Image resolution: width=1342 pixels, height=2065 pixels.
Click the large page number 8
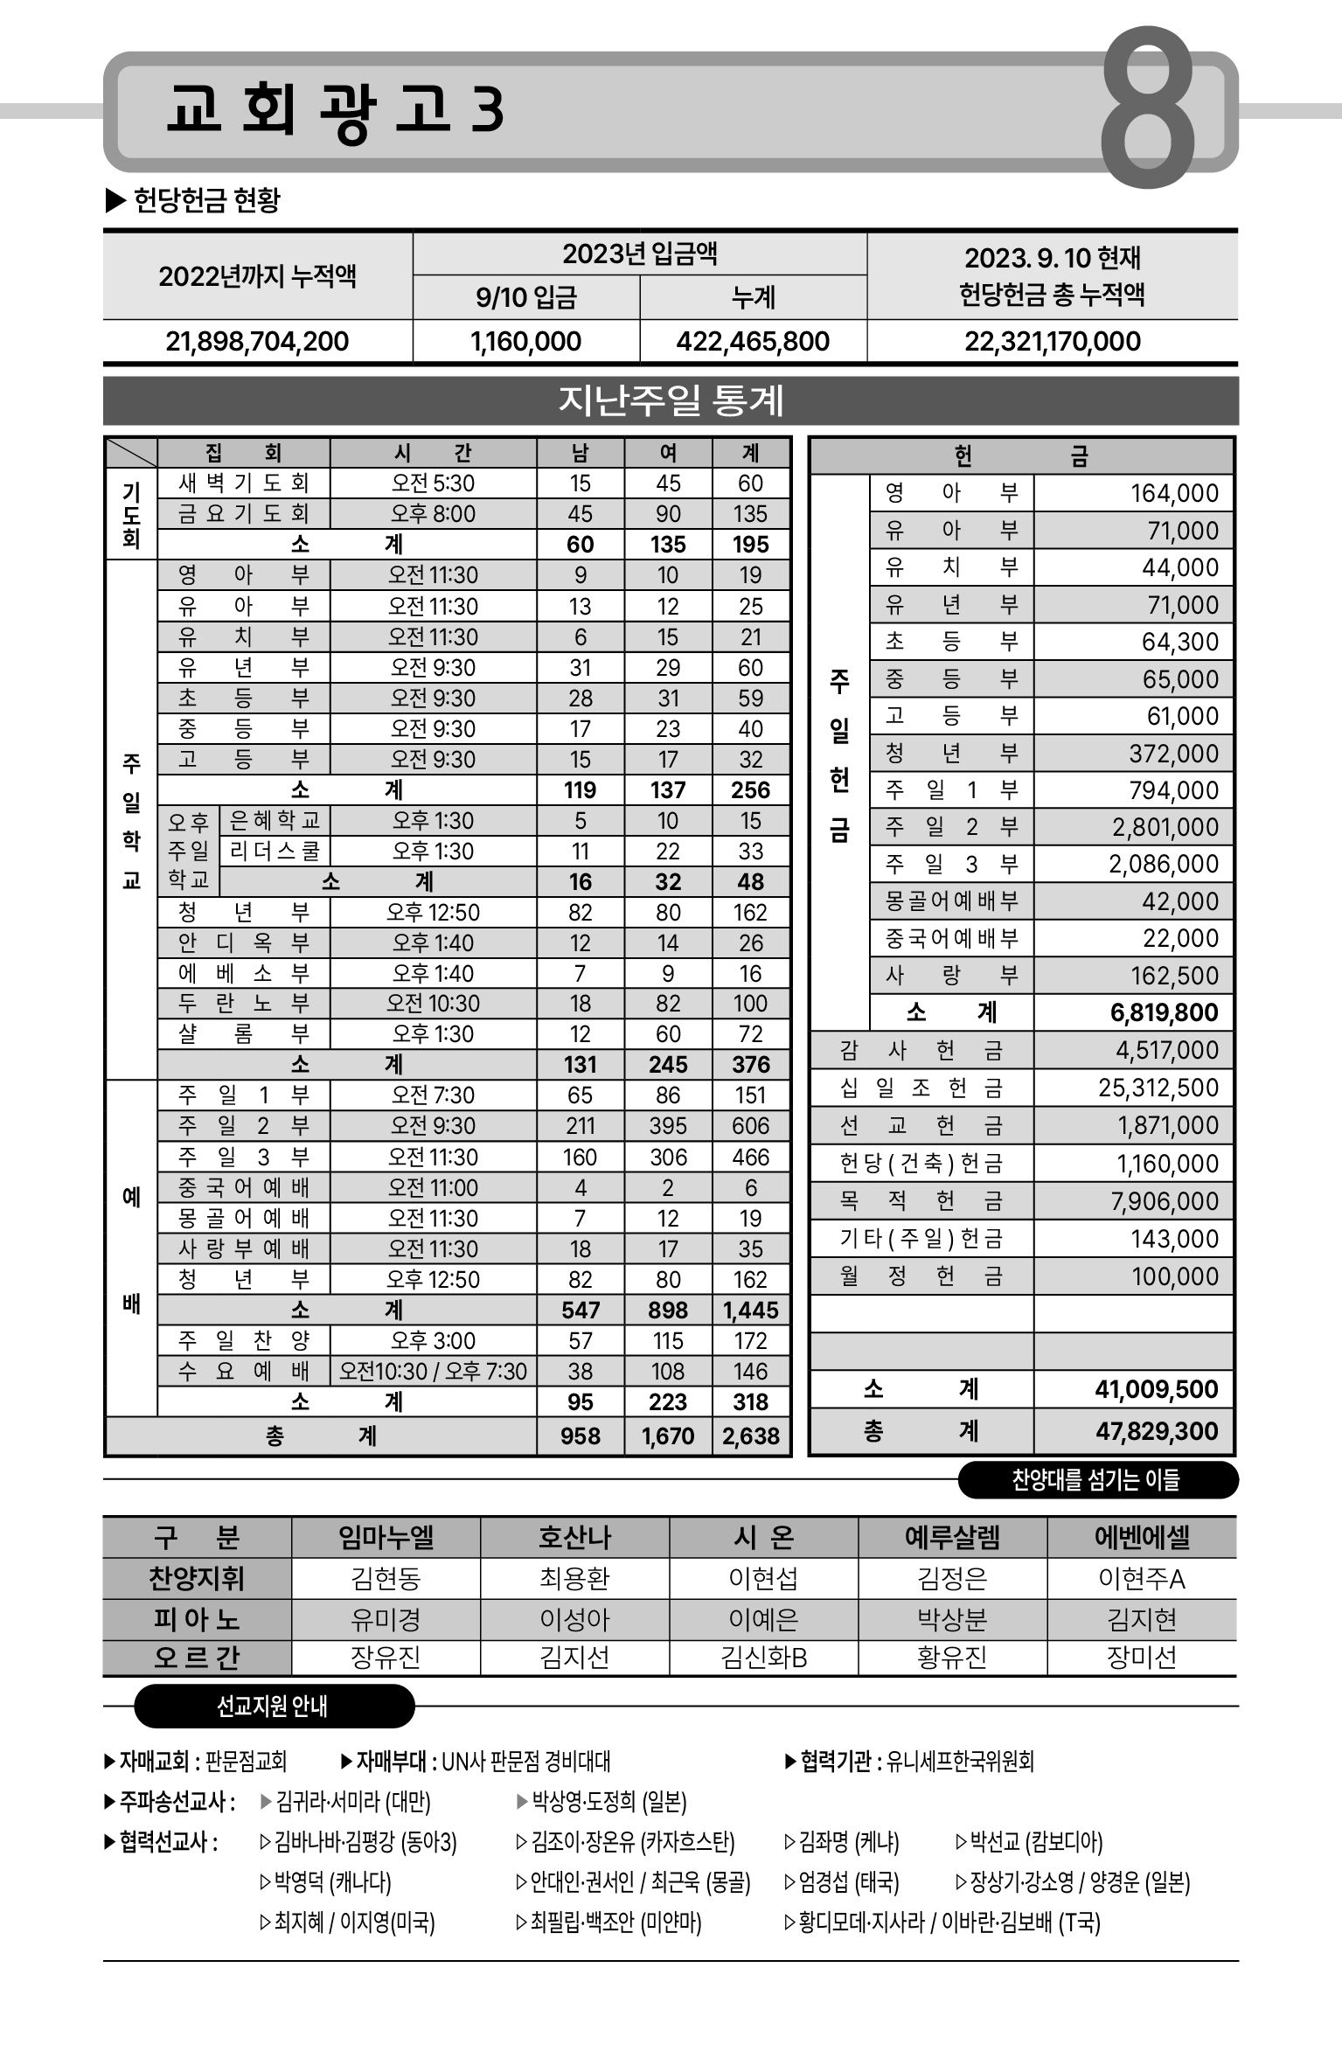click(1147, 108)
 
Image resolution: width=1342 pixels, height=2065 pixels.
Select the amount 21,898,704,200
click(257, 341)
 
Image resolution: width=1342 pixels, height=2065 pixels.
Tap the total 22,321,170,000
click(1053, 341)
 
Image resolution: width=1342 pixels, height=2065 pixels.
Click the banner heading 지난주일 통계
click(671, 400)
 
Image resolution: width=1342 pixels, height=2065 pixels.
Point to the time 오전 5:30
click(433, 483)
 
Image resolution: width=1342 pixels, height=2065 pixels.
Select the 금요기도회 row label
click(243, 514)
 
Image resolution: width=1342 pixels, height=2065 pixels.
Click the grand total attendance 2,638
click(751, 1436)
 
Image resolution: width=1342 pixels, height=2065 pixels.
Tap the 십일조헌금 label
click(921, 1088)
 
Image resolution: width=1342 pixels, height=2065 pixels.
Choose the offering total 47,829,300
click(1157, 1431)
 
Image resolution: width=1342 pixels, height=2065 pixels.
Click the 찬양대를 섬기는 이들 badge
click(1096, 1479)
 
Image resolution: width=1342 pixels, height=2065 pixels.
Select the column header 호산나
click(574, 1537)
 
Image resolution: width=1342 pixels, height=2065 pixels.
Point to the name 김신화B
click(763, 1657)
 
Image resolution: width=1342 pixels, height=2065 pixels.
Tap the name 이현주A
click(1142, 1579)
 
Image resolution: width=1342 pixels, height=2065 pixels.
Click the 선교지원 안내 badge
click(273, 1706)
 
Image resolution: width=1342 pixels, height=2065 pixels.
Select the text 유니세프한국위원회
click(960, 1761)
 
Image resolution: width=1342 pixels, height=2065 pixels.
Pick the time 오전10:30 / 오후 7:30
click(433, 1371)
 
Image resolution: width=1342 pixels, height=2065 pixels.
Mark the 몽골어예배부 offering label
click(951, 901)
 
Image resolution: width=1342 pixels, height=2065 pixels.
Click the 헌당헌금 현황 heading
click(206, 200)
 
